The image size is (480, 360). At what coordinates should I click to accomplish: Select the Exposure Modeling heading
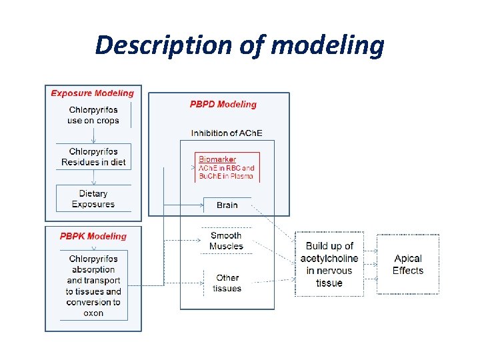pos(92,93)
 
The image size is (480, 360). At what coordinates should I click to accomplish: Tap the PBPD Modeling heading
pos(223,104)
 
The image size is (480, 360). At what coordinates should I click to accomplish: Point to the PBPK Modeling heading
pos(93,236)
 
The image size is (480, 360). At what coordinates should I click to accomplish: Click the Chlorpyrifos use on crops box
pos(93,115)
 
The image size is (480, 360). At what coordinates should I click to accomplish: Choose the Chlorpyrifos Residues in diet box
pos(93,157)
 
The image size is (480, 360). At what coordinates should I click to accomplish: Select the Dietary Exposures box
pos(93,199)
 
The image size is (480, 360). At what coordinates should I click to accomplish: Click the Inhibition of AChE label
pos(227,133)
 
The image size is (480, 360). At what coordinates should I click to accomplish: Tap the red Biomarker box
pos(227,168)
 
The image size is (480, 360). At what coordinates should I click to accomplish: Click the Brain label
pos(227,205)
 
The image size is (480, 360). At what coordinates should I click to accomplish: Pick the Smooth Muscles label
pos(226,241)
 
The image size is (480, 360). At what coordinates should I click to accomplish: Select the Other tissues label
pos(227,283)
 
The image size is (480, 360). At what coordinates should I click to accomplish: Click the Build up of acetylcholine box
pos(329,265)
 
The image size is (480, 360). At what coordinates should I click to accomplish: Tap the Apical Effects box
pos(408,265)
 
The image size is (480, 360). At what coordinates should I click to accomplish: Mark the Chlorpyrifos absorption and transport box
pos(93,285)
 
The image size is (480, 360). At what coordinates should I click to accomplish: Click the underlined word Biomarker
pos(217,160)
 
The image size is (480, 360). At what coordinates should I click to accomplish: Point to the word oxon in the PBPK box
pos(93,313)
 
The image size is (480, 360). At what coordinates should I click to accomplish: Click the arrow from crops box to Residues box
pos(93,136)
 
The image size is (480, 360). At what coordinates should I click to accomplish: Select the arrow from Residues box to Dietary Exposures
pos(93,178)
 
